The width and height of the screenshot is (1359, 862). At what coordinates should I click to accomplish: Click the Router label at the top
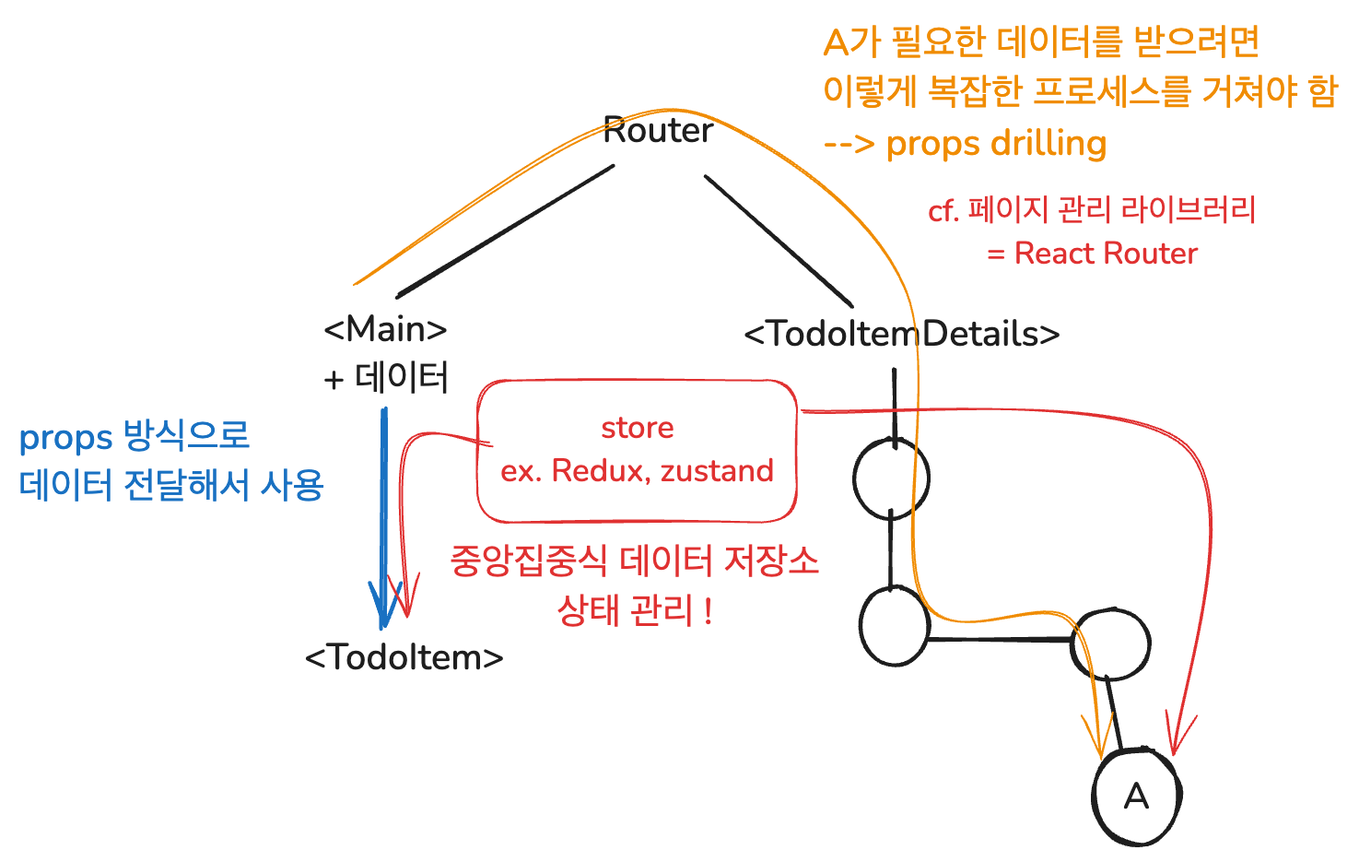coord(658,131)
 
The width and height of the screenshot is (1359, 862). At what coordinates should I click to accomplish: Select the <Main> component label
coord(385,328)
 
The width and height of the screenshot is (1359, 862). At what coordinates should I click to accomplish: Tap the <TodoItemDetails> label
coord(901,334)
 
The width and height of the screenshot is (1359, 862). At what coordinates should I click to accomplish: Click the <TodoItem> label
coord(404,657)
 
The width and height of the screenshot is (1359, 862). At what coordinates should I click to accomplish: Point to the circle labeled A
coord(1136,796)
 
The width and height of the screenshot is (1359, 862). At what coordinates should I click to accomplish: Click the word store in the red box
coord(637,428)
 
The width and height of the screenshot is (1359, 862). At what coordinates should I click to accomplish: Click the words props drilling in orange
coord(996,144)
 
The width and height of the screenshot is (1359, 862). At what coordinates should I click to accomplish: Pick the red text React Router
coord(1106,254)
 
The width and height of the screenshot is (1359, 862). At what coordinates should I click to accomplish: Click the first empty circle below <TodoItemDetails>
coord(891,478)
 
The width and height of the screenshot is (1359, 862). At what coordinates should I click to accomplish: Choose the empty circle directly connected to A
coord(1111,644)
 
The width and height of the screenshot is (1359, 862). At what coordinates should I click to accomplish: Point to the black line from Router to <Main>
coord(505,230)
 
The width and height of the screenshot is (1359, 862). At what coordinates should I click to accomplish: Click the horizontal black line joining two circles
coord(1000,639)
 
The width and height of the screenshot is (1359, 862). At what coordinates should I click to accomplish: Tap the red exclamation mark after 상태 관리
coord(708,610)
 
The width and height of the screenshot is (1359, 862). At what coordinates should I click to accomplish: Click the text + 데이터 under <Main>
coord(386,378)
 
